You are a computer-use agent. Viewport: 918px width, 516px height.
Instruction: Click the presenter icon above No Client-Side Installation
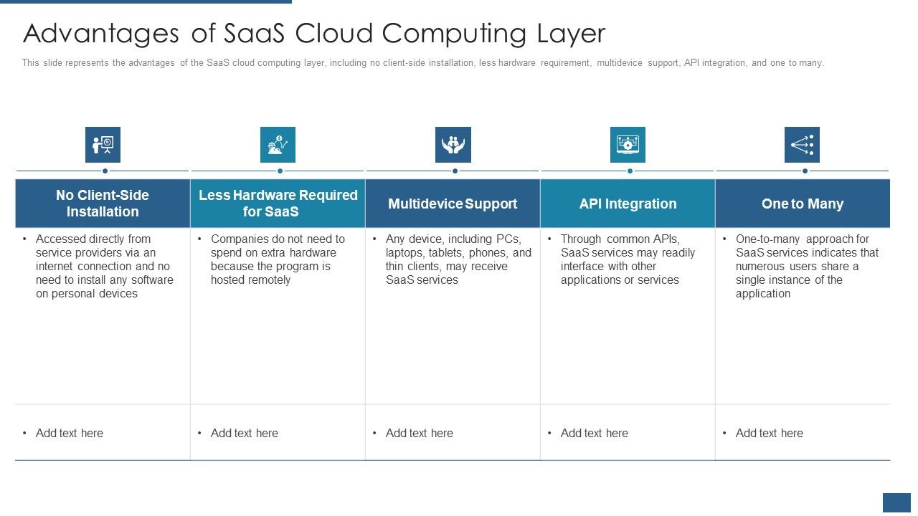point(103,145)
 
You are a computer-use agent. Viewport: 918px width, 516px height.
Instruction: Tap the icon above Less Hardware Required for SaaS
point(278,145)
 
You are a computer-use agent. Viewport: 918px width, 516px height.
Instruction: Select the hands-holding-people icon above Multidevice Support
point(453,145)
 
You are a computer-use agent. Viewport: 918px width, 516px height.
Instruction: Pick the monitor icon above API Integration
point(628,145)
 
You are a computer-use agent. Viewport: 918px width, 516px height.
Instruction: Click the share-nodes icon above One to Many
point(802,145)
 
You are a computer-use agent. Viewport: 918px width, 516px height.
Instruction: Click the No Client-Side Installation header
point(103,204)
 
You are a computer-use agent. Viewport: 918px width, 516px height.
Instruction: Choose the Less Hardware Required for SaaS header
point(278,204)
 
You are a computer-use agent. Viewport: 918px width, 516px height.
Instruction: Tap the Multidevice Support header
point(453,204)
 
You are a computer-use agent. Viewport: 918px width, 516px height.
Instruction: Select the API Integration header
point(628,204)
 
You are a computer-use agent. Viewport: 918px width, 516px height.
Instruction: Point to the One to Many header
point(802,204)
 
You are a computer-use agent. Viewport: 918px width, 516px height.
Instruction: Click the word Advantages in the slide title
point(100,34)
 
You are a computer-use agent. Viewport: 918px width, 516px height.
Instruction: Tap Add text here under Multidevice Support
point(419,433)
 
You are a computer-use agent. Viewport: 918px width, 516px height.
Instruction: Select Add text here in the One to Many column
point(769,433)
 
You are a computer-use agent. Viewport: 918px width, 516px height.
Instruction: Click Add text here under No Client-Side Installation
point(69,433)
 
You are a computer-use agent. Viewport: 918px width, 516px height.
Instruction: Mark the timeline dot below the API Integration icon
point(630,171)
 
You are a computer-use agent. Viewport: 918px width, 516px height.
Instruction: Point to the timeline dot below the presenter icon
point(105,171)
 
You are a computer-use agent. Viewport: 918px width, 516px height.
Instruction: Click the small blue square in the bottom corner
point(896,502)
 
